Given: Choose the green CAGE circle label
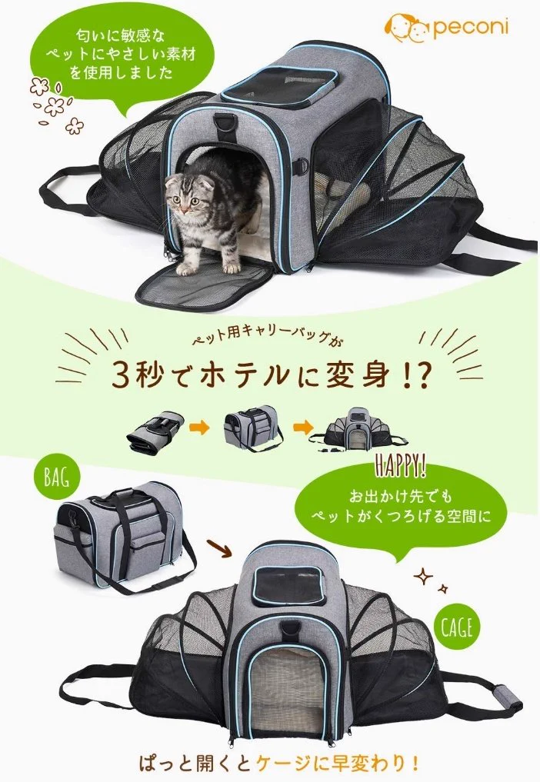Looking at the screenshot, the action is [457, 627].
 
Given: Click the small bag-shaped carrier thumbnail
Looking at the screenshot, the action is [253, 428].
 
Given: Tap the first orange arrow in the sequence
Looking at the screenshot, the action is [200, 428].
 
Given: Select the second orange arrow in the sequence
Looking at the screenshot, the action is [302, 428].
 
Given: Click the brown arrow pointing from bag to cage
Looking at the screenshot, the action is [218, 547].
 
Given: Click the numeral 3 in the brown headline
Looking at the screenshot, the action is [122, 376].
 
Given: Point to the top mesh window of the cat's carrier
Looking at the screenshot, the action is [279, 82].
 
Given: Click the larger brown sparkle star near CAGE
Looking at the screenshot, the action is [423, 577].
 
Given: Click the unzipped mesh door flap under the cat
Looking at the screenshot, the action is [205, 285].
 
